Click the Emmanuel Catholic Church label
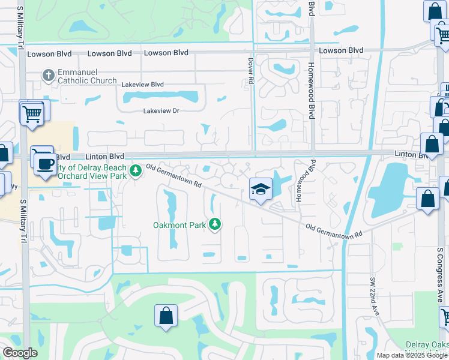(87, 76)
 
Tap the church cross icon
(49, 76)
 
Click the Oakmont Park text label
(178, 225)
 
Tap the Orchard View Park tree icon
(136, 171)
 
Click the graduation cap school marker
(260, 190)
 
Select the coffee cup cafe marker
(45, 163)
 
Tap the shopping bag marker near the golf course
(166, 315)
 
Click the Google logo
(20, 353)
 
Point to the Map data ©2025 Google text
(411, 355)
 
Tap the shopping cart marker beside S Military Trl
(31, 112)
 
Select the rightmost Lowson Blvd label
(341, 50)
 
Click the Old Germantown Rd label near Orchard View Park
(174, 178)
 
